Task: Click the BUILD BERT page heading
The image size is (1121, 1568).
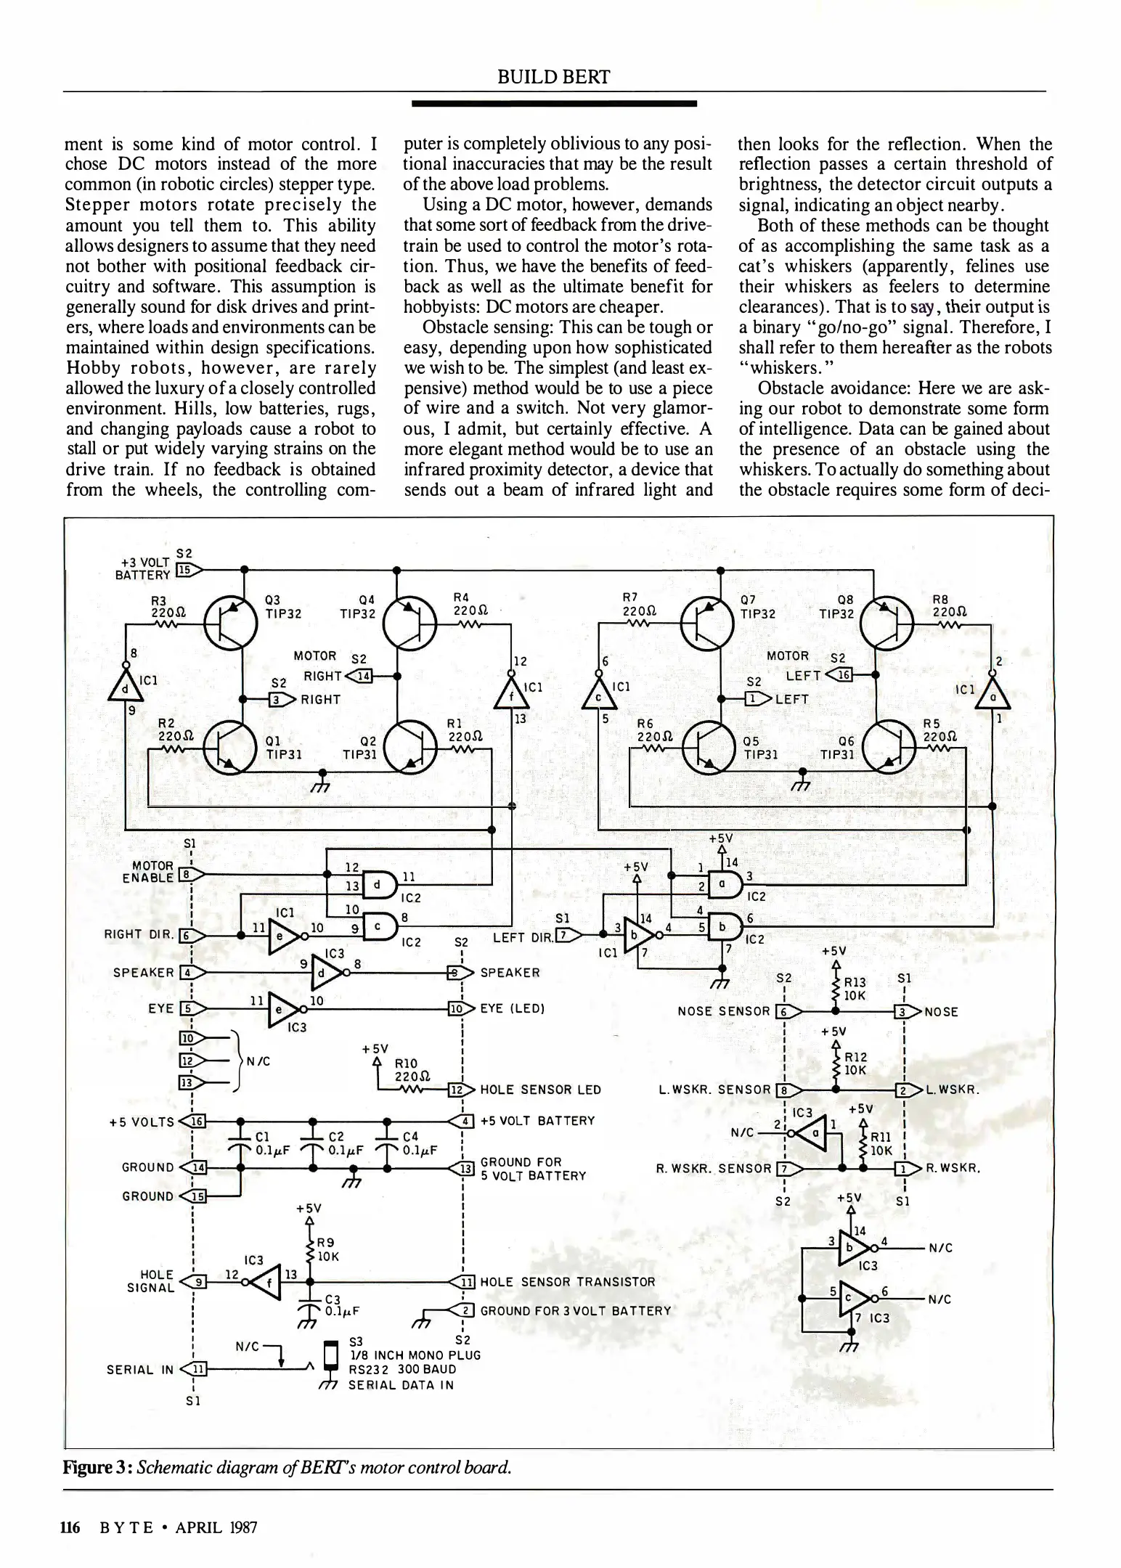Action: pyautogui.click(x=553, y=77)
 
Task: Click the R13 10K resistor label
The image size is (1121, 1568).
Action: pyautogui.click(x=855, y=989)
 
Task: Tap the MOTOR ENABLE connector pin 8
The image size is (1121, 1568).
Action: pyautogui.click(x=187, y=875)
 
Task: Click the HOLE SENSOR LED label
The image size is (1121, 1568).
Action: pyautogui.click(x=540, y=1089)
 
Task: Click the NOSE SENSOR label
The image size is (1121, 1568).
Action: pyautogui.click(x=723, y=1011)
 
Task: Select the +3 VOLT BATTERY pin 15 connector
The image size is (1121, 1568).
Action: pyautogui.click(x=187, y=571)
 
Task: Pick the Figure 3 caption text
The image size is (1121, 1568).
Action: pyautogui.click(x=288, y=1468)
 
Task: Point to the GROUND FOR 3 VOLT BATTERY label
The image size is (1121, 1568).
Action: pyautogui.click(x=575, y=1311)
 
